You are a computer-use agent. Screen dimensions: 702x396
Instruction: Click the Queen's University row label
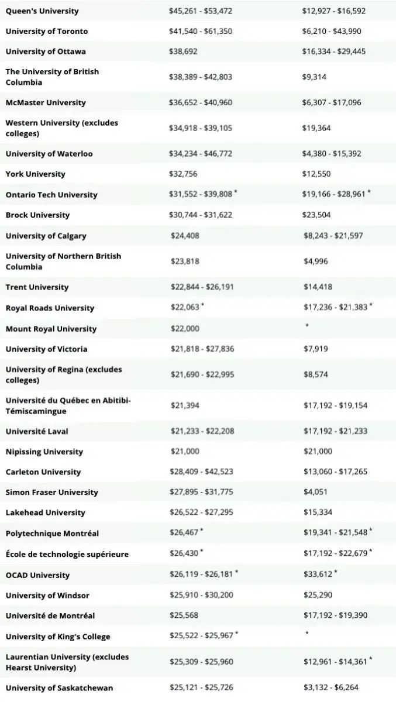(x=42, y=11)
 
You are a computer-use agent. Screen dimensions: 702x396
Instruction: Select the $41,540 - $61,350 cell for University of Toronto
(x=201, y=31)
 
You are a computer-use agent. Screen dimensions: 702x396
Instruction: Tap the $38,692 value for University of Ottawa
(x=183, y=51)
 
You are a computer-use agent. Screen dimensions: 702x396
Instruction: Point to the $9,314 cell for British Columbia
(x=314, y=77)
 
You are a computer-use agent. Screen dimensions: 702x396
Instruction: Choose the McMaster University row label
(x=46, y=102)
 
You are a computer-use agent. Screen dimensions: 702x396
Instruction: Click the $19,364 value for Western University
(x=316, y=128)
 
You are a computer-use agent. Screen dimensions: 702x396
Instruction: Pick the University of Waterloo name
(x=49, y=154)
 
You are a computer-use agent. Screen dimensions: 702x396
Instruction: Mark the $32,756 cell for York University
(x=183, y=174)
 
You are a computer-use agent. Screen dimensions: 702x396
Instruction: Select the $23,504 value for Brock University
(x=316, y=215)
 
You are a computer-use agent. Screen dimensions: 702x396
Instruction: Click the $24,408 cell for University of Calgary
(x=185, y=236)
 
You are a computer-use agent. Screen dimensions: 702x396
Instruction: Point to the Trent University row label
(x=37, y=287)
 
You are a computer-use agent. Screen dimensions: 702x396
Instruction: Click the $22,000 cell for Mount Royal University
(x=185, y=329)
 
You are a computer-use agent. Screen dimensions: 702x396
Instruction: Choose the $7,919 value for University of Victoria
(x=315, y=349)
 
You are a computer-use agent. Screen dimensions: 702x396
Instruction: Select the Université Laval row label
(x=37, y=431)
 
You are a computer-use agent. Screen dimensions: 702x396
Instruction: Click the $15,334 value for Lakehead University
(x=318, y=512)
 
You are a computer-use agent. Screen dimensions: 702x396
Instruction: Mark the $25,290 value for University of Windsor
(x=318, y=596)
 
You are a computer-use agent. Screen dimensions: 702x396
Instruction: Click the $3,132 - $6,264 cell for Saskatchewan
(x=330, y=687)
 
